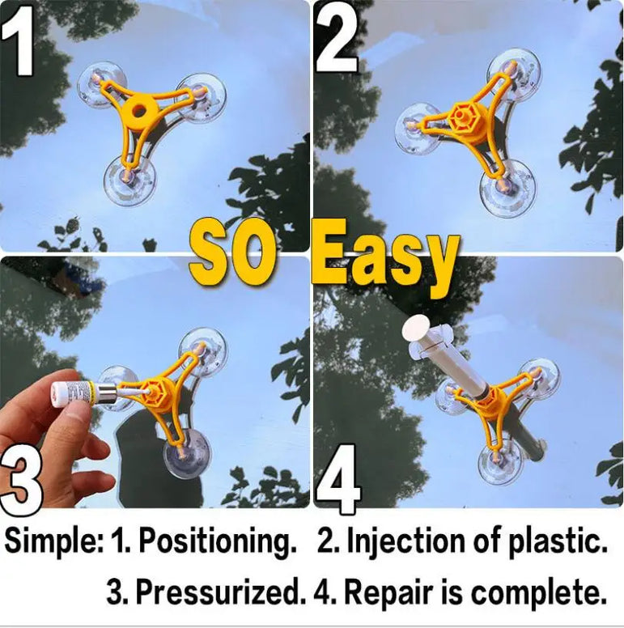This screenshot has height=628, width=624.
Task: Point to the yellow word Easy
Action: click(x=384, y=257)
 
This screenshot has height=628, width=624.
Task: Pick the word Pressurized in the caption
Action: click(x=217, y=592)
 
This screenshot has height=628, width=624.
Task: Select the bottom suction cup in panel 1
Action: click(x=129, y=181)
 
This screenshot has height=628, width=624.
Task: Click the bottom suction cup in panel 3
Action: click(x=185, y=454)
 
